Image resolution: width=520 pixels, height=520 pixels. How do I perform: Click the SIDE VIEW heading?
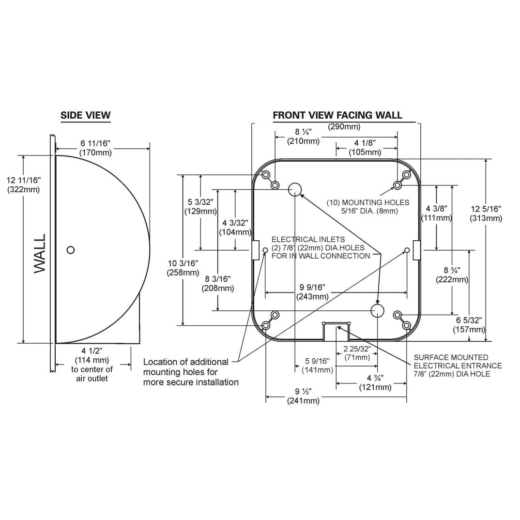[85, 115]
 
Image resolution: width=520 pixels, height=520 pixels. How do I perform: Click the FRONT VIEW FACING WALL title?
[337, 115]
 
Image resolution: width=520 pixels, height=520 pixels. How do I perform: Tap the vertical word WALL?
[40, 253]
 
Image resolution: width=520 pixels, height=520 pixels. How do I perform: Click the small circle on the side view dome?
[71, 250]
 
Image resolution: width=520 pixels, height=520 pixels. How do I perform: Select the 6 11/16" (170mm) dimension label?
[95, 148]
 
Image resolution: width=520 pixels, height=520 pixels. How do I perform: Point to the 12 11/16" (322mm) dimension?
[24, 184]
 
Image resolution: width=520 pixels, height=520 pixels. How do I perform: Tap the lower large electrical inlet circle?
[377, 310]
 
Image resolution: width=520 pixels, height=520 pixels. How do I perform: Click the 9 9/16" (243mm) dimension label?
[315, 292]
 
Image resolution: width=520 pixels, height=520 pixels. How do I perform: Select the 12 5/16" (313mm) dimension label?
[486, 213]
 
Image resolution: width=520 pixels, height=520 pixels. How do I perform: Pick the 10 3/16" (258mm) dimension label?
[183, 268]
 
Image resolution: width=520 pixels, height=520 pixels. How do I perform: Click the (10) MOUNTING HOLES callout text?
[367, 207]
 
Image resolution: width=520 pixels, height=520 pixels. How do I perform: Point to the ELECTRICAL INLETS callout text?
[321, 247]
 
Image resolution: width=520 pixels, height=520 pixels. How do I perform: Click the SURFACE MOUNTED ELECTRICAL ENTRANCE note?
[457, 366]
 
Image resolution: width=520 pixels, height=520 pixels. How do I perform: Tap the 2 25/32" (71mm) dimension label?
[357, 353]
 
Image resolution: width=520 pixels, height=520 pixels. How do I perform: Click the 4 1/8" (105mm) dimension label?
[365, 147]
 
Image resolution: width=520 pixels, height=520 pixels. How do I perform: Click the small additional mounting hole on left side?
[265, 250]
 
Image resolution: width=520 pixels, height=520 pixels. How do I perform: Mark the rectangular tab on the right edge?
[416, 250]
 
